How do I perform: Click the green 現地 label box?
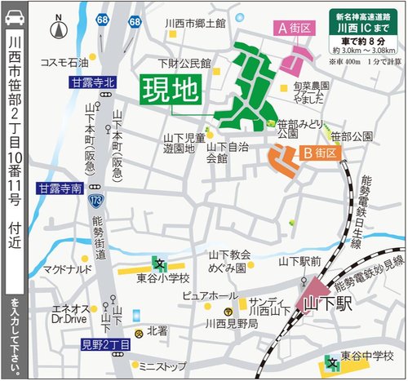click(171, 90)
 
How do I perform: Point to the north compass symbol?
click(56, 31)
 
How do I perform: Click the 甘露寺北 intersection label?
click(93, 82)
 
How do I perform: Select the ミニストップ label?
click(162, 365)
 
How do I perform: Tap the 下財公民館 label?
click(185, 63)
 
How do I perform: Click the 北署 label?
click(157, 332)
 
